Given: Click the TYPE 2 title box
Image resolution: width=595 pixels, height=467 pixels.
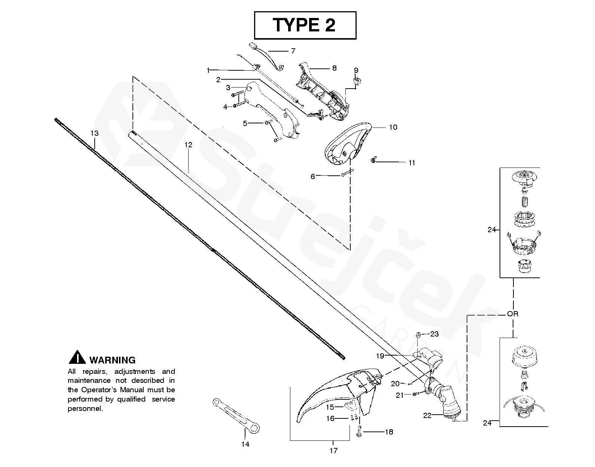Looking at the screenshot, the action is coord(305,25).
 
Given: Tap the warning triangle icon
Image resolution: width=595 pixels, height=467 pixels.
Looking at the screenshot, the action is coord(77,357).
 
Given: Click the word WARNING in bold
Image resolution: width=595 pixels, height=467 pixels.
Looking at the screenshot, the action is coord(113,360).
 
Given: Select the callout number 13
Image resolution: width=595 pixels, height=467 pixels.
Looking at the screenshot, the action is coord(94,133).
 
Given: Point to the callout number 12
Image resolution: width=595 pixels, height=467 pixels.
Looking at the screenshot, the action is coord(188,145).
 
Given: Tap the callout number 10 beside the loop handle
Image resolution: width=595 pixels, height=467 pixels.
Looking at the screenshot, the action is coord(393,127).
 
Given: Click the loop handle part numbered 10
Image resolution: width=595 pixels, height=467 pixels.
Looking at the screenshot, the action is coord(348,144).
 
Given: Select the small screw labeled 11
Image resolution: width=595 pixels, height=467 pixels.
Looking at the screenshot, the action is coord(373,160).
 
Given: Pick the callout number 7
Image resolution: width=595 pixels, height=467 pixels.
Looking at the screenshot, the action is coord(293,51).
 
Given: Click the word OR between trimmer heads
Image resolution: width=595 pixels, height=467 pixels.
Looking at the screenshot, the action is coord(513,314).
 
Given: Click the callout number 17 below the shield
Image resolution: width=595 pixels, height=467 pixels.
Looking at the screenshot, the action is coord(333,451).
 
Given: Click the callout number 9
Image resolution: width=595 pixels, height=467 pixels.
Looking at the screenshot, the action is coord(356,70).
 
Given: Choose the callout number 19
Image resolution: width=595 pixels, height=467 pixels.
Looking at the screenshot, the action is coord(380,356).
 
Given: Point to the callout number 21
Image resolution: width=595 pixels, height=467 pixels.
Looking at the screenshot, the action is coord(400,396).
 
